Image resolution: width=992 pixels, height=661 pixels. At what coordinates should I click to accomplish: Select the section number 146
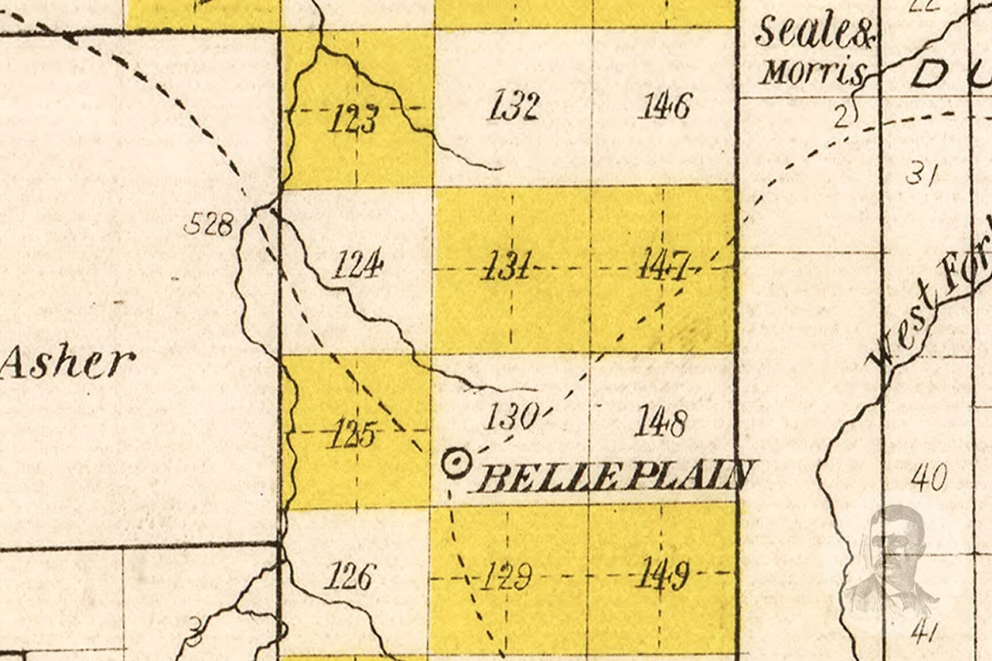[x=663, y=105]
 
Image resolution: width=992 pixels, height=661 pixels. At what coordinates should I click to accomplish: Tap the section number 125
[x=353, y=433]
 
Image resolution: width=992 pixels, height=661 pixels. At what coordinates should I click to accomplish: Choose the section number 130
[x=512, y=416]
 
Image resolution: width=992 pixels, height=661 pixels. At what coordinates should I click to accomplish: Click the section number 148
[x=660, y=423]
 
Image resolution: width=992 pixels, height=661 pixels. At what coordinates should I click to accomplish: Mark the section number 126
[x=350, y=575]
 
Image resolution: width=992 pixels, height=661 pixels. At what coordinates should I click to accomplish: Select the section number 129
[x=506, y=575]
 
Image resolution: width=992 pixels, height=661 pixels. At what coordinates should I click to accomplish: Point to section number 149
[x=663, y=574]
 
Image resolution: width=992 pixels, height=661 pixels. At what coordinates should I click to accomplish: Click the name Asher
[x=66, y=363]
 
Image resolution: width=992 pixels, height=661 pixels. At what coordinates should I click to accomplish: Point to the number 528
[x=209, y=224]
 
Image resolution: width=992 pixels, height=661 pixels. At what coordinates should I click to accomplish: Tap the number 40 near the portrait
[x=929, y=478]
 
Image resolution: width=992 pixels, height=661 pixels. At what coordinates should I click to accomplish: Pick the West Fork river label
[x=931, y=300]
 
